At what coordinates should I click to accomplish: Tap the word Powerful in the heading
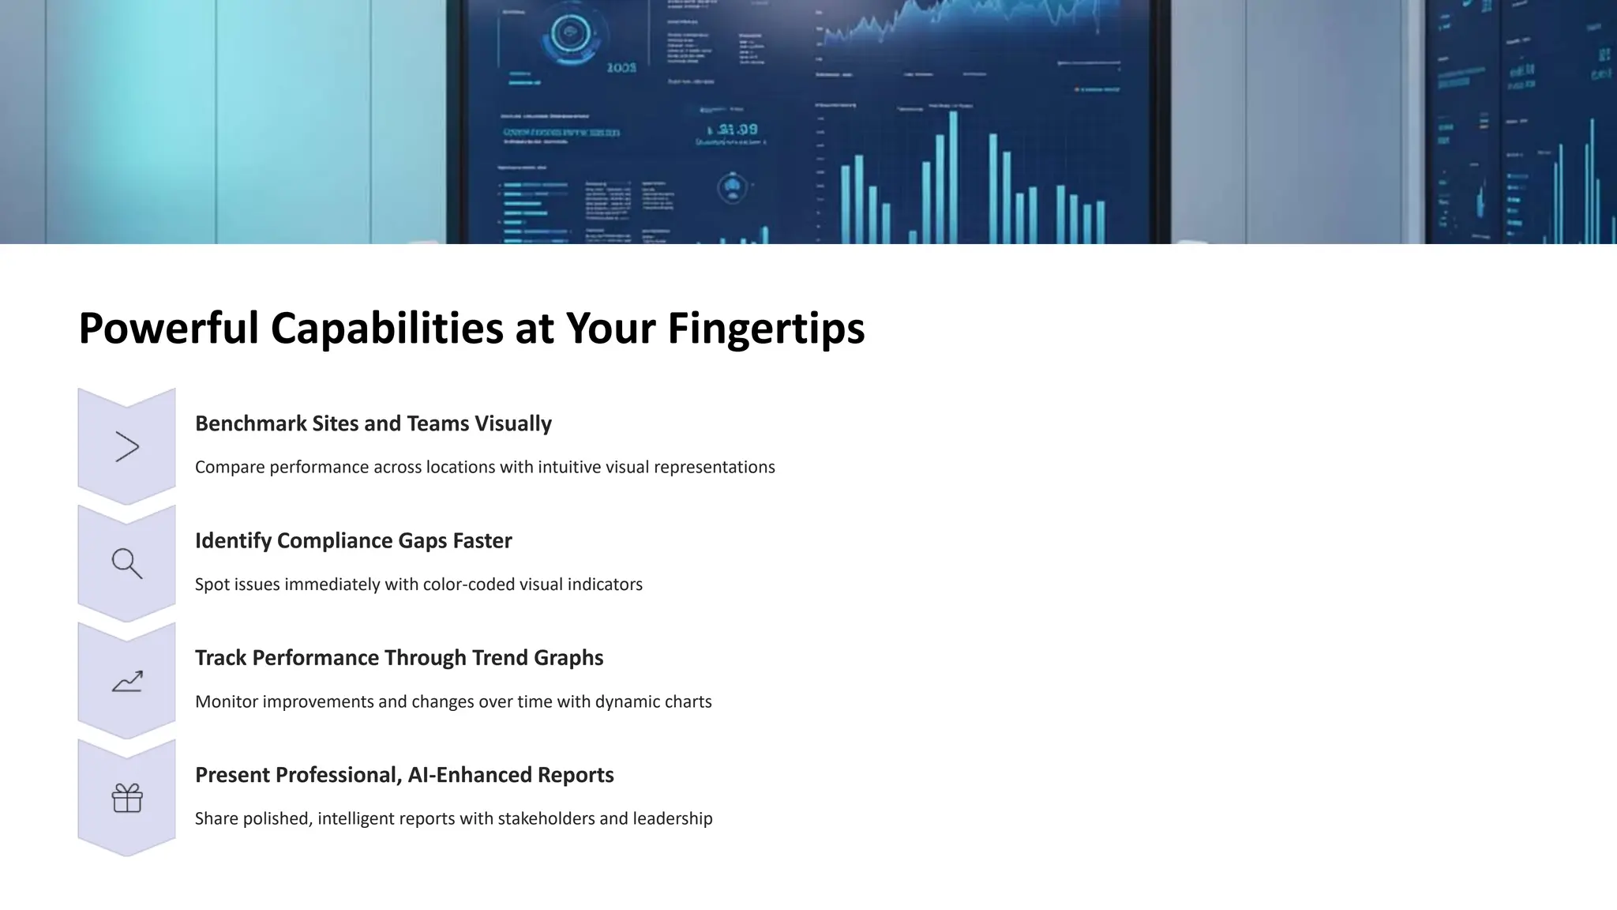tap(168, 329)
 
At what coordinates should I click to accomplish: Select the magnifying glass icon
tap(126, 563)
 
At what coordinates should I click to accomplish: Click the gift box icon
tap(126, 798)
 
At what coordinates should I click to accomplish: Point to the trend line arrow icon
tap(126, 681)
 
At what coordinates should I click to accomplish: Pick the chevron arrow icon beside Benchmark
tap(126, 446)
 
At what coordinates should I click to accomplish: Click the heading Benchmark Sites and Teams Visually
tap(373, 423)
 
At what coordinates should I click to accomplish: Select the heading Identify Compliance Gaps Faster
tap(353, 540)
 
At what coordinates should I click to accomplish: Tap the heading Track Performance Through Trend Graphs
tap(399, 657)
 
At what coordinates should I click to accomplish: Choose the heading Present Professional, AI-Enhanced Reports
tap(404, 775)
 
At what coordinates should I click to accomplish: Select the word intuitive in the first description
tap(568, 467)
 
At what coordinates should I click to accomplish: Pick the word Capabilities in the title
tap(387, 329)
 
